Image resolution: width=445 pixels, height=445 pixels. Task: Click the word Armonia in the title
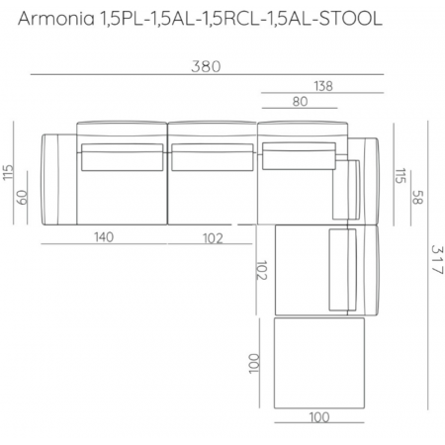(56, 19)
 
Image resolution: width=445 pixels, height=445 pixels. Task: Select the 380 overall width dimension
(206, 66)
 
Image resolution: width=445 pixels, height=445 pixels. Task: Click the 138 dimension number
(323, 86)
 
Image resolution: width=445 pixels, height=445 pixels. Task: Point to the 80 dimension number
(300, 102)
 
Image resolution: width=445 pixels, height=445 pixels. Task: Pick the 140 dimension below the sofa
(104, 237)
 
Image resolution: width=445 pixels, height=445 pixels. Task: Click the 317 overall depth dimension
(437, 260)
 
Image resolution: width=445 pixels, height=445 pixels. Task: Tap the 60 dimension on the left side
(23, 198)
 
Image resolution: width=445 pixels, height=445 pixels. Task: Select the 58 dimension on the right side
(417, 197)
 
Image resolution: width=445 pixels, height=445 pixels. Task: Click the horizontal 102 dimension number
(213, 238)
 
